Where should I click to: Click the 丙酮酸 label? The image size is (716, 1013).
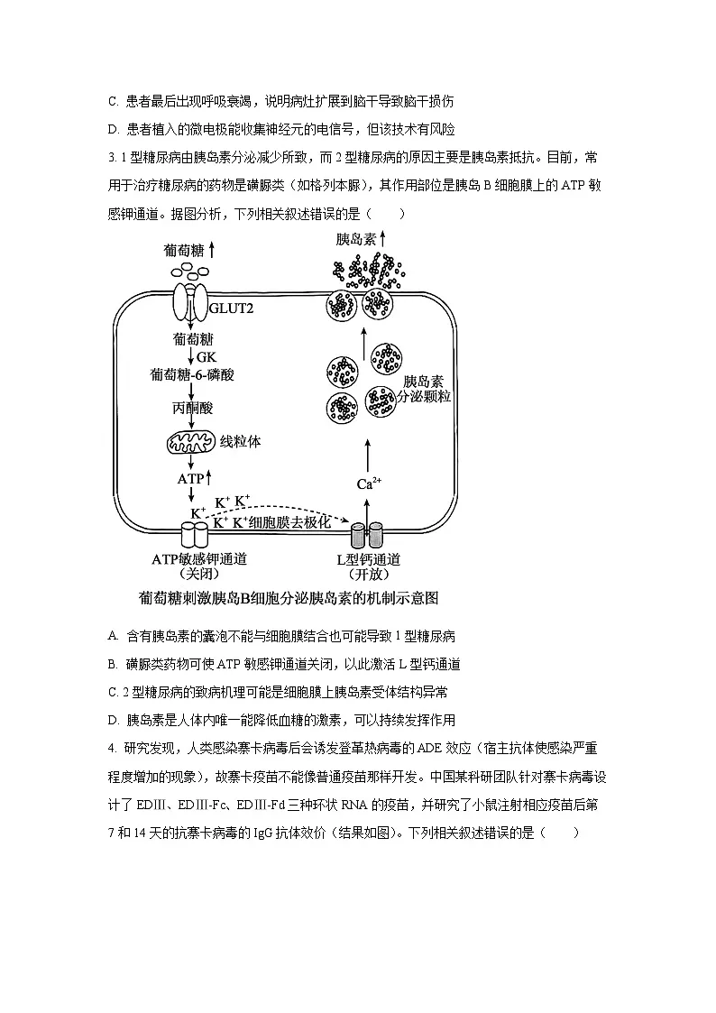(192, 408)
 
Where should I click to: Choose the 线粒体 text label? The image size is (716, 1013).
(241, 443)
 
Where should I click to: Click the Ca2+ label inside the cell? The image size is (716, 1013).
(370, 484)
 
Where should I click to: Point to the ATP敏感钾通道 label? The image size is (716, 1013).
(199, 559)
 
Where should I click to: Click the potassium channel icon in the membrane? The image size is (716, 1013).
(195, 534)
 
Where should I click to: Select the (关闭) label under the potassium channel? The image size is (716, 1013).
(199, 575)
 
